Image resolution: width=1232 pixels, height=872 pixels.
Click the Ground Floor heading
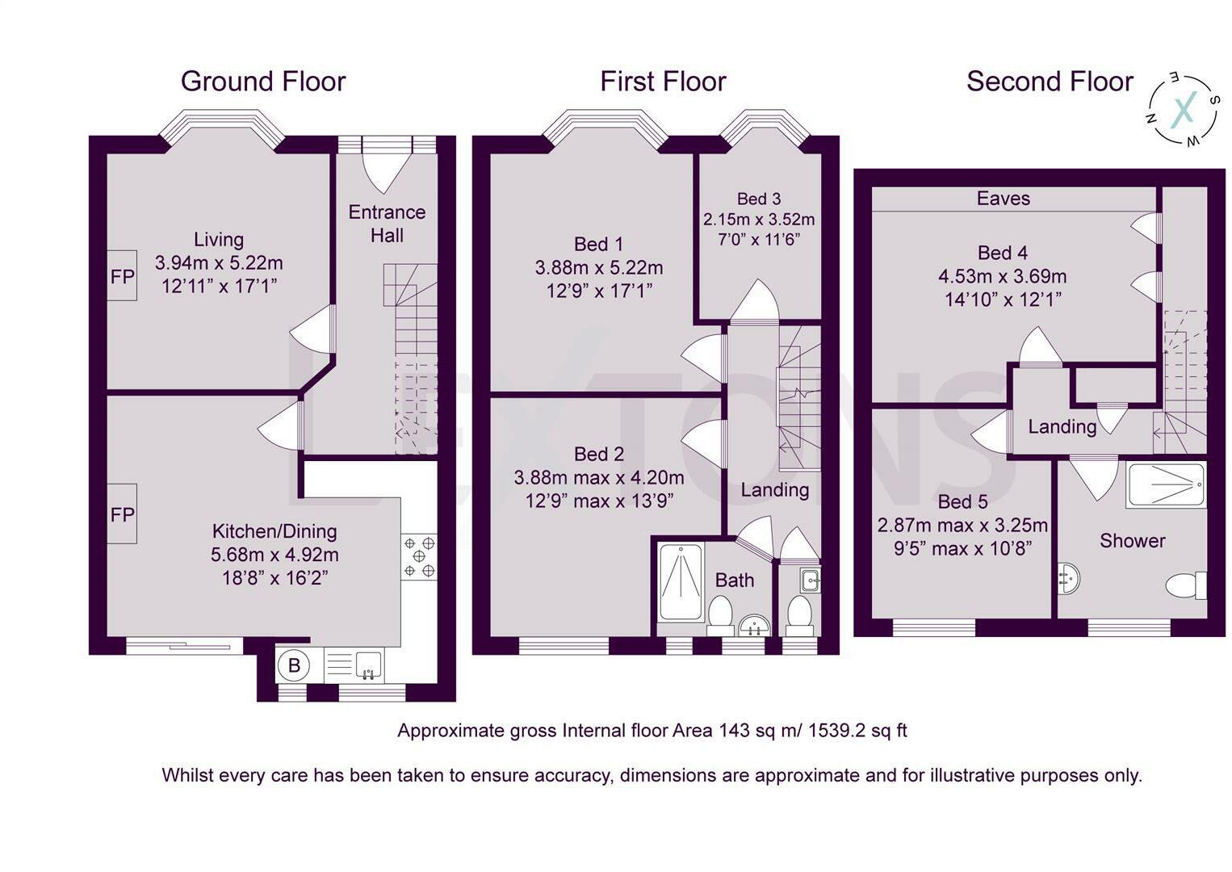(263, 82)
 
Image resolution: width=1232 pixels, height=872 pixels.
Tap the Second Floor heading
(1050, 82)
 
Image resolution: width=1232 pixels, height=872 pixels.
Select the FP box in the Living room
(122, 275)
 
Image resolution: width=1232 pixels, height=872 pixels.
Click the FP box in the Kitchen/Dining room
(122, 514)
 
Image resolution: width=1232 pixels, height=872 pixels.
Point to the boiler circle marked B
(294, 665)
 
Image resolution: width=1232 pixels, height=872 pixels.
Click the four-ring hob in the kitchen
(419, 557)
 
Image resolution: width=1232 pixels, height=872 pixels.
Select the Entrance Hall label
(387, 224)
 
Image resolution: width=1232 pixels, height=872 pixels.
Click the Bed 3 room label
(759, 198)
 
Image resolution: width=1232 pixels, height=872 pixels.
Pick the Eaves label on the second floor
(1004, 198)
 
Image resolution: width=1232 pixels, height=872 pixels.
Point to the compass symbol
(1183, 110)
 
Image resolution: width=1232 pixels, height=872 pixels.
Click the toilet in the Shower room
(1186, 585)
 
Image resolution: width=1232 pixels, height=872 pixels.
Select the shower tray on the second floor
(1166, 484)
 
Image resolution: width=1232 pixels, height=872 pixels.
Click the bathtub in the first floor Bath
(681, 581)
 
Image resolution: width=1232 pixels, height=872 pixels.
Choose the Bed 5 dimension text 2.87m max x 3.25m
(962, 526)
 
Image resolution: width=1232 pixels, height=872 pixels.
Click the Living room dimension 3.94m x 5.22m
(219, 263)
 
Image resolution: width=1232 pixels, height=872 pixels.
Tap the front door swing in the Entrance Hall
(388, 173)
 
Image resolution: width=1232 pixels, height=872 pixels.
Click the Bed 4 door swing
(1040, 346)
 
